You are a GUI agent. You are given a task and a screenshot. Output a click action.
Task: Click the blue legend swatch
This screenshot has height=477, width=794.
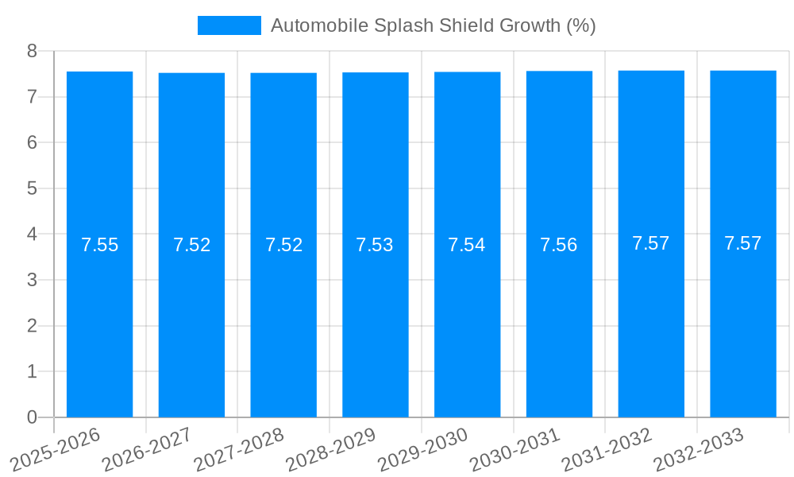229,25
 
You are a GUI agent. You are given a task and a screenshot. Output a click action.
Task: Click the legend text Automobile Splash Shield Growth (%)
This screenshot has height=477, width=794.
433,25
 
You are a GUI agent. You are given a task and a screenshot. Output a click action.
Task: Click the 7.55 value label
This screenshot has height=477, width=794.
99,245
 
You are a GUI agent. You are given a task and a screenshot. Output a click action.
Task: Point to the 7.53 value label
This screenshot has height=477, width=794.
376,245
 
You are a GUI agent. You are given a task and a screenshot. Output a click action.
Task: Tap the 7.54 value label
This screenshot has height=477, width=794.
467,245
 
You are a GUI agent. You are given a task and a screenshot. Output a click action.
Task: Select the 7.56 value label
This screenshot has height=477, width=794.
559,245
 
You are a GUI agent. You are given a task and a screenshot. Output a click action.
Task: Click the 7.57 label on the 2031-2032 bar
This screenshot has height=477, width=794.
651,243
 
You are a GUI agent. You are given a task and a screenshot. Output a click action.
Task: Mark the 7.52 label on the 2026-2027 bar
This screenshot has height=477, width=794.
191,245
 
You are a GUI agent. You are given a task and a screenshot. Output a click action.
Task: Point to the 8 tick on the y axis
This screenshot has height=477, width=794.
32,51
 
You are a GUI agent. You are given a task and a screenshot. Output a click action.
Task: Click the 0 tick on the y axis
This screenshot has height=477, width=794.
32,417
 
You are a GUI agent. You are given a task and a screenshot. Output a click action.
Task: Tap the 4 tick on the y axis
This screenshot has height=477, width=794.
32,235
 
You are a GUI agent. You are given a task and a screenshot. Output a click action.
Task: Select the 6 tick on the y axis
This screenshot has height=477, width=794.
32,143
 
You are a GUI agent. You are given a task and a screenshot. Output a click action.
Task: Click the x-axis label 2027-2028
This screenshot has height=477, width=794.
238,450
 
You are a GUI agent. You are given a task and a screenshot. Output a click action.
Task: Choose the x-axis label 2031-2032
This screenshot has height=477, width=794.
606,450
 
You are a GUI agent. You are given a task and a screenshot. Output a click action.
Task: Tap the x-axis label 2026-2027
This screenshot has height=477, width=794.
146,450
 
